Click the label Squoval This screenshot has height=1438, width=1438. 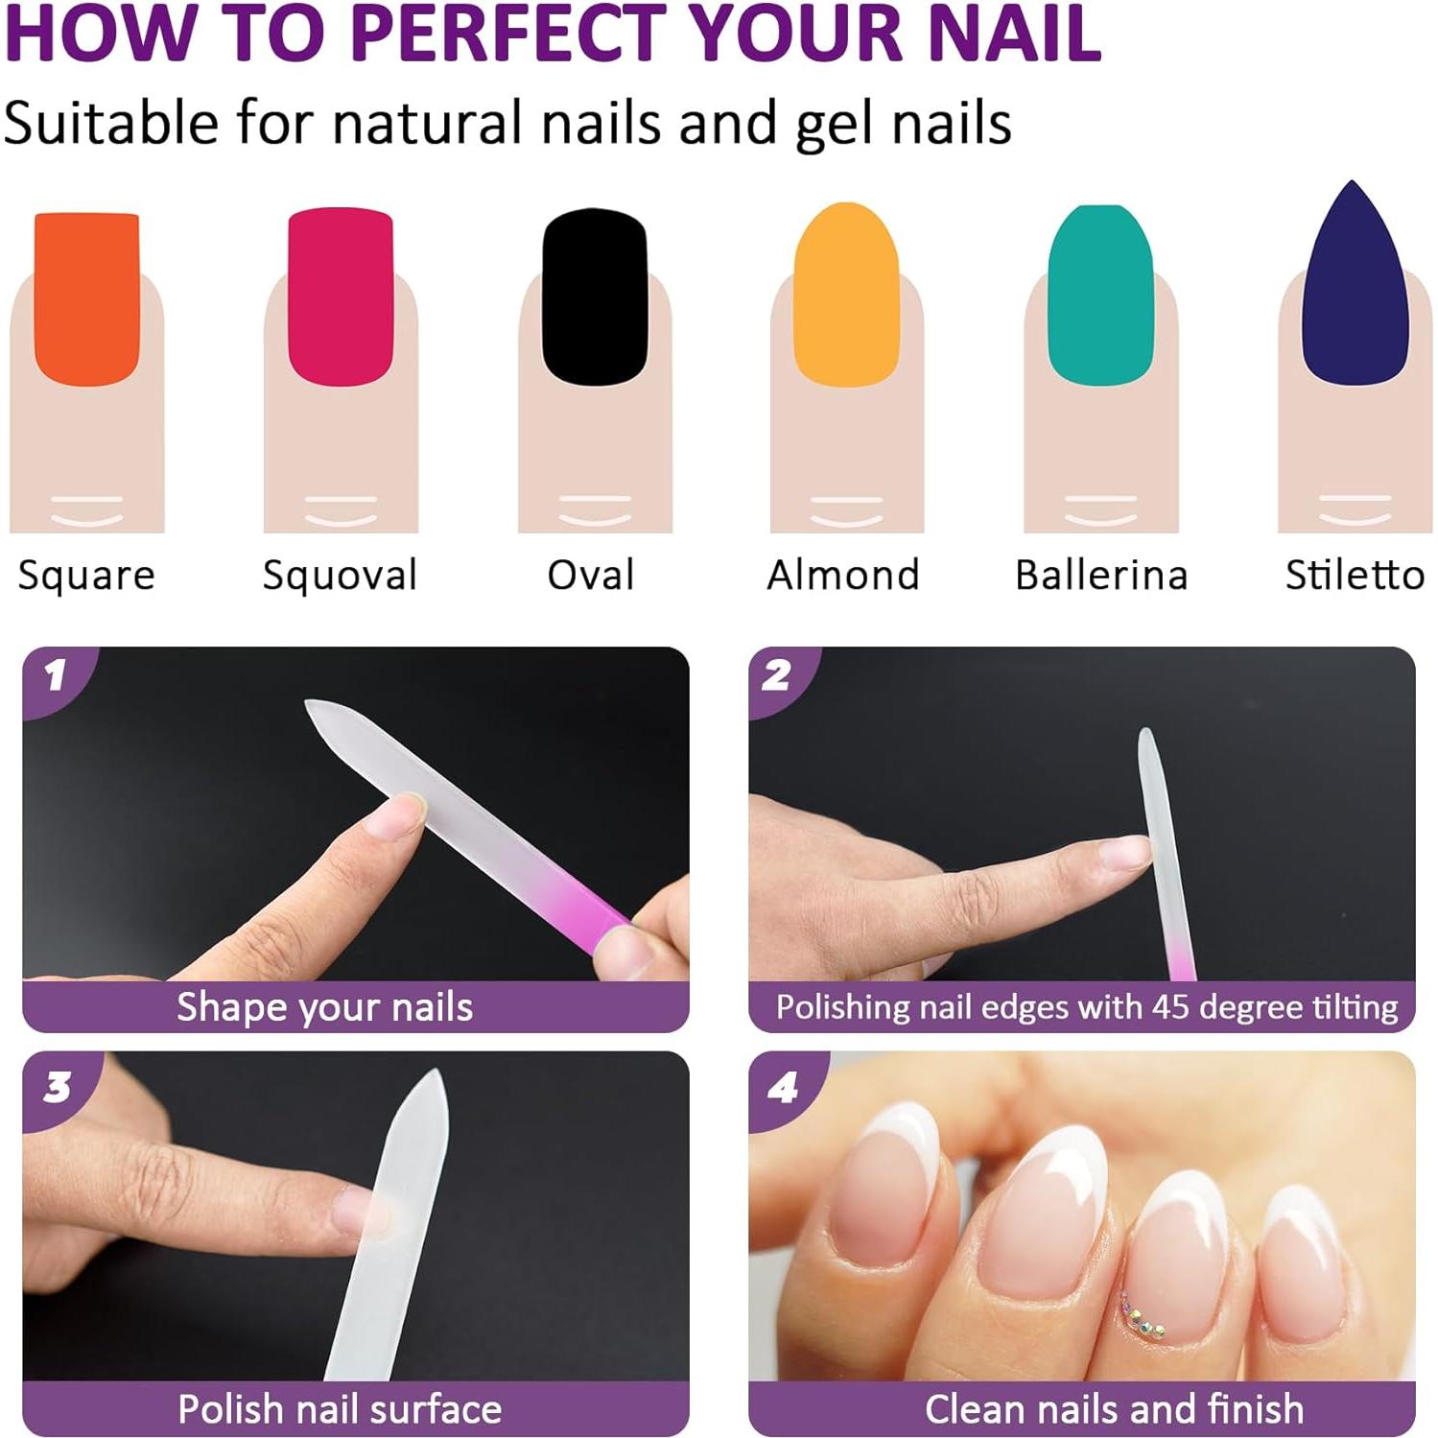pyautogui.click(x=340, y=576)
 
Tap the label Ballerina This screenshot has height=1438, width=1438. pyautogui.click(x=1101, y=576)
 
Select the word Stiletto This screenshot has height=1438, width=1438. pyautogui.click(x=1355, y=576)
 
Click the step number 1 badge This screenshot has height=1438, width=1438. pyautogui.click(x=56, y=675)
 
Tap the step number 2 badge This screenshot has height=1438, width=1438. pyautogui.click(x=777, y=675)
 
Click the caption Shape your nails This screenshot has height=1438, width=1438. pyautogui.click(x=324, y=1007)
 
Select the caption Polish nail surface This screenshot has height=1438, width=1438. pyautogui.click(x=340, y=1409)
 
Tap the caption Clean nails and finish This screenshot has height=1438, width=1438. pyautogui.click(x=1114, y=1409)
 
